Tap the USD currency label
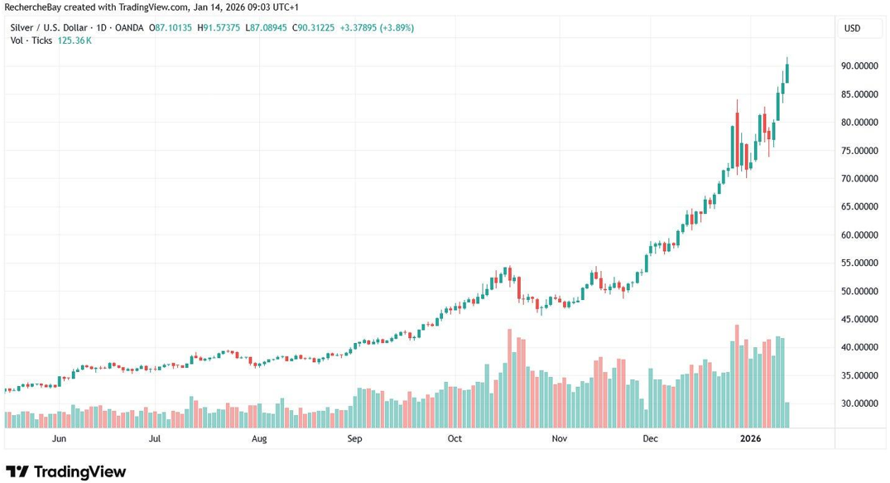852,28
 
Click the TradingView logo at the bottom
66,471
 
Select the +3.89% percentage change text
397,28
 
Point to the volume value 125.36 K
75,40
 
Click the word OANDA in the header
127,28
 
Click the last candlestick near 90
787,71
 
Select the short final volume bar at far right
787,414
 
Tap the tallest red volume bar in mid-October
508,378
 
